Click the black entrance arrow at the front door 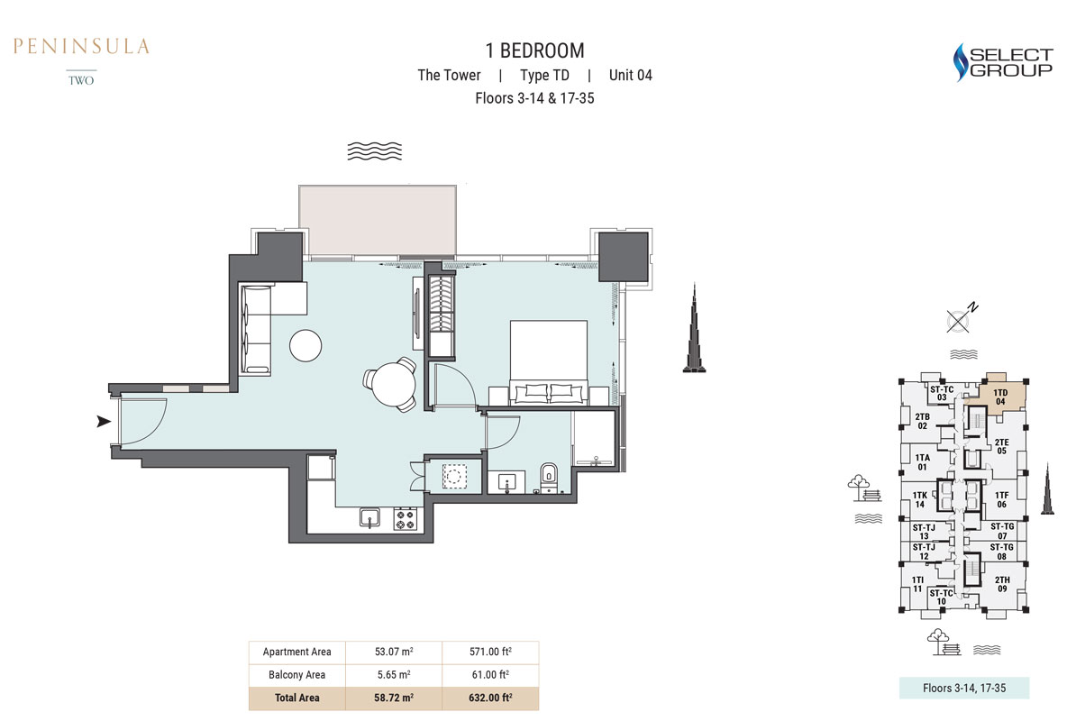click(104, 422)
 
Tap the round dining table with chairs click(392, 384)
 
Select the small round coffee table click(306, 345)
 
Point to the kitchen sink click(370, 517)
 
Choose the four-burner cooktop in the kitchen click(405, 519)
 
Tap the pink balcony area click(378, 221)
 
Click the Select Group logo click(1002, 62)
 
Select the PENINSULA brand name click(81, 46)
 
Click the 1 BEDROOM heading click(535, 50)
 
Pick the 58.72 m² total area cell click(394, 698)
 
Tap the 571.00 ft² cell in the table click(490, 652)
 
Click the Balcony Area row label click(296, 675)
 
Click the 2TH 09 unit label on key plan click(1002, 584)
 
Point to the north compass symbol click(961, 319)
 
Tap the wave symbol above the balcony click(374, 151)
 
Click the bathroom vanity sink click(506, 483)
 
